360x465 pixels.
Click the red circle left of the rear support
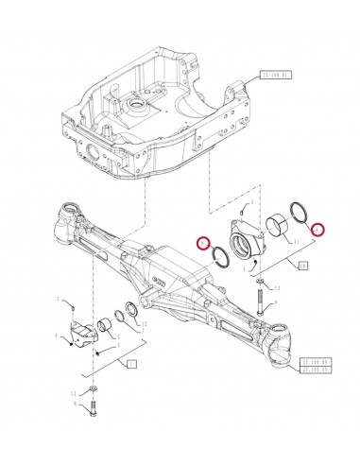pos(201,244)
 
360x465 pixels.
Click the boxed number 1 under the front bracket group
pos(131,362)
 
